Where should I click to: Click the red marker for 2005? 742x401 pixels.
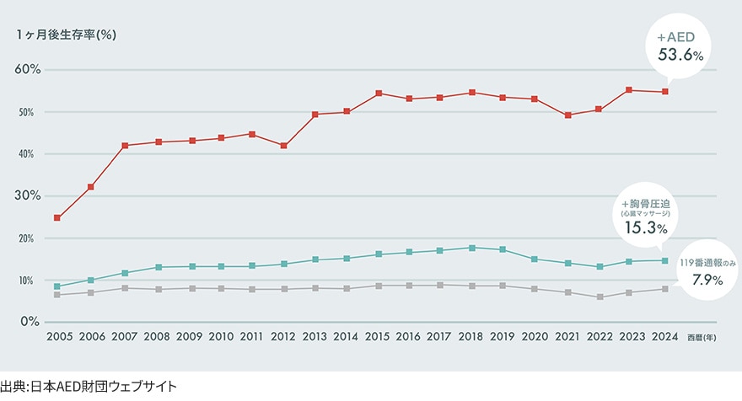click(x=56, y=217)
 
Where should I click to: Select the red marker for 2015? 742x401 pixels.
click(x=379, y=93)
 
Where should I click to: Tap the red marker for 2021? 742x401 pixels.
click(x=567, y=115)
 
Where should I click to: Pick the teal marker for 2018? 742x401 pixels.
click(x=472, y=248)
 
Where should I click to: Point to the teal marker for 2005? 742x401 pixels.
click(x=56, y=286)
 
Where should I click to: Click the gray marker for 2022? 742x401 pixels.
click(x=600, y=297)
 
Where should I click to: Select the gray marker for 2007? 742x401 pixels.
click(x=125, y=288)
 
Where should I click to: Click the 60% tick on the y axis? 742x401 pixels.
click(x=28, y=69)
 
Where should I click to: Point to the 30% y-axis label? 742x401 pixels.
click(x=28, y=195)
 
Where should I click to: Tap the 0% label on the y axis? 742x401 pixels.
click(x=30, y=322)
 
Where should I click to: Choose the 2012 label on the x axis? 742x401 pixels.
click(x=283, y=336)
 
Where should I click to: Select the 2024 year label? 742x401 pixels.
click(x=664, y=336)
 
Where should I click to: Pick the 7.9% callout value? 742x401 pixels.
click(x=706, y=280)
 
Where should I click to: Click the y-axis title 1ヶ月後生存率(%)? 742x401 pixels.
click(x=65, y=35)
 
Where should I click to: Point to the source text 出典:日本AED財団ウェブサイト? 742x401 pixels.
click(x=89, y=387)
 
